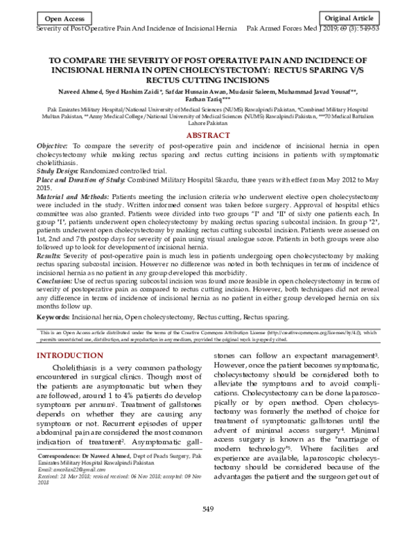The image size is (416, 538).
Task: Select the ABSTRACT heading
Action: point(207,134)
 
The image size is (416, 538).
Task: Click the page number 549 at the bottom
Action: point(207,510)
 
